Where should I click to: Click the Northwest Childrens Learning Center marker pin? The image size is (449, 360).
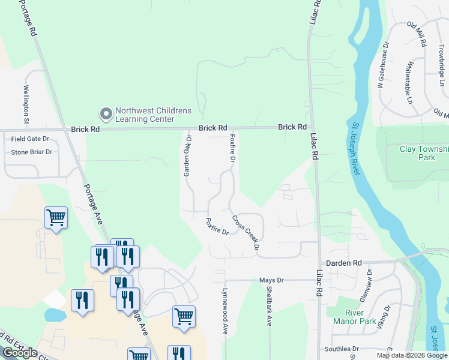pos(106,113)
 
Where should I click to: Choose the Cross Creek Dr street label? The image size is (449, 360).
pos(246,232)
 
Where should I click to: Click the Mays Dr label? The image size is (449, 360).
pos(271,280)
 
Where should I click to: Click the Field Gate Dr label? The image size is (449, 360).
pos(30,139)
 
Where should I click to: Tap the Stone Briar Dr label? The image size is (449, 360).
pos(32,152)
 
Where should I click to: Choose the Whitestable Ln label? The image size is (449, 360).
pos(409,82)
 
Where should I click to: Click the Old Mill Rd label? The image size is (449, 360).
pos(416,34)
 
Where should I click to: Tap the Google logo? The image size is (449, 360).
pos(20,353)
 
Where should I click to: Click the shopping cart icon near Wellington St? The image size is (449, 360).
pos(56,218)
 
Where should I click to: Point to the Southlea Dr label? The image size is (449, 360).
pos(342,349)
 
